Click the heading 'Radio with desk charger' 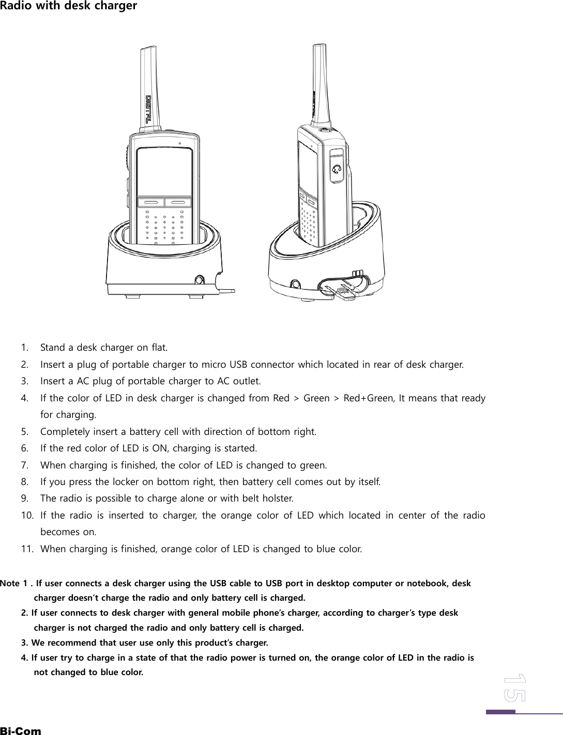(x=68, y=6)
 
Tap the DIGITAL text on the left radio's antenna (x=148, y=110)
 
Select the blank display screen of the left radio (x=164, y=171)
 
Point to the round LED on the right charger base (x=295, y=284)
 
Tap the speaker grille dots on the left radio (x=164, y=227)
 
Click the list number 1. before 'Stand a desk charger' (x=25, y=346)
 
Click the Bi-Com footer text (x=21, y=731)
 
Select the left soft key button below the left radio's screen (x=150, y=202)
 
